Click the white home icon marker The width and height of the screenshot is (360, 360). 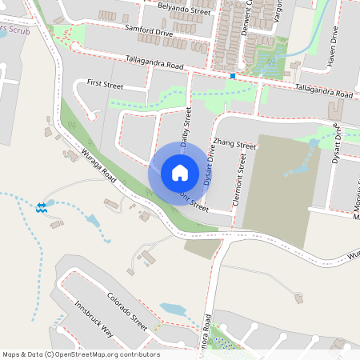point(179,172)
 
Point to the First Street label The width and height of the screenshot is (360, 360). point(106,83)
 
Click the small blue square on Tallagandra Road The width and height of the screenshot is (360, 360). point(232,76)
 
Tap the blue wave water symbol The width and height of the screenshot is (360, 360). point(41,208)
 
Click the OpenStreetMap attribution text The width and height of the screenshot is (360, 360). point(81,354)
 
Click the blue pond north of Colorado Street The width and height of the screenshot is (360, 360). point(171,309)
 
